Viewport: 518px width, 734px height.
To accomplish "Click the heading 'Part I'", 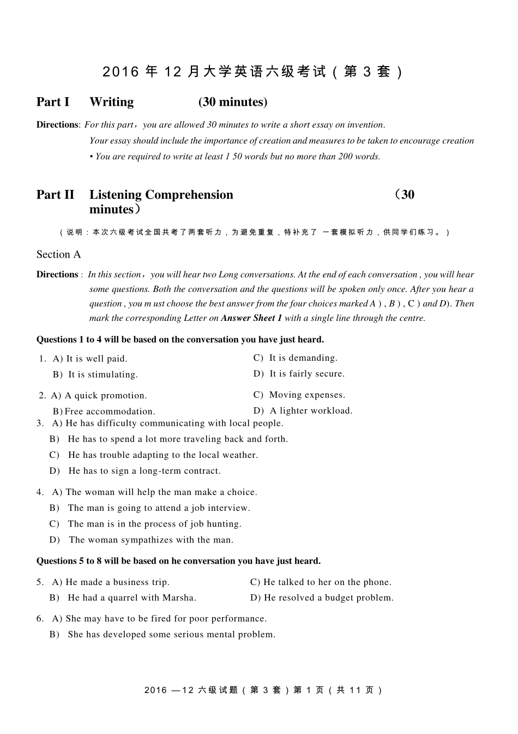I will coord(53,102).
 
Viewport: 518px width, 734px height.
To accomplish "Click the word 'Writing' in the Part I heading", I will coord(111,102).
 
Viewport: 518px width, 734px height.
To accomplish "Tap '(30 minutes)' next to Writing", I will coord(233,102).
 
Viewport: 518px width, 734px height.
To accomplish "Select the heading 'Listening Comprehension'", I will coord(161,195).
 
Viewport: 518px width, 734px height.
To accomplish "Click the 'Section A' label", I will coord(58,254).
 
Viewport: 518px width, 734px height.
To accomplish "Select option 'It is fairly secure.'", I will coord(307,374).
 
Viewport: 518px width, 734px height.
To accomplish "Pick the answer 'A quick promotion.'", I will coord(105,396).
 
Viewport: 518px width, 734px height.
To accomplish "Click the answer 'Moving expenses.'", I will coord(307,395).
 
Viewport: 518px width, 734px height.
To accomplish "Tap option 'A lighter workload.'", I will coord(311,411).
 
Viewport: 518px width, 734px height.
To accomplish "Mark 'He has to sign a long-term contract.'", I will coord(144,471).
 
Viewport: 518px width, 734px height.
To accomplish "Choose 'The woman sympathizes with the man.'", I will coord(151,540).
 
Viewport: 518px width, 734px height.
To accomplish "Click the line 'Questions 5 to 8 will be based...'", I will coord(178,561).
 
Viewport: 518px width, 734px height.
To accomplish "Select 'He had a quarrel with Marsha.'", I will coord(132,598).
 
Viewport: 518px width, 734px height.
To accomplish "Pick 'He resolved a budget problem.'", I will coord(328,598).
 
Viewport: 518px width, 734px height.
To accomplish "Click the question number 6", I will coord(40,619).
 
